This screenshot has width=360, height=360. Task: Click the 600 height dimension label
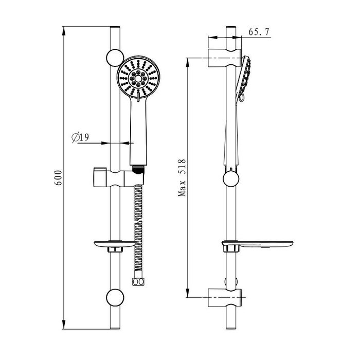pos(59,177)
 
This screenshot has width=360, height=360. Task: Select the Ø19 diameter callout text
pos(81,137)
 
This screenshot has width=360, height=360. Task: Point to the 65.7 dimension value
pos(260,32)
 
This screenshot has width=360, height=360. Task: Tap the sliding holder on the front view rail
pos(113,177)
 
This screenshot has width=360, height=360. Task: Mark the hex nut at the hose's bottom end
pos(137,282)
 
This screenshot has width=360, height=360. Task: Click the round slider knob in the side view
pos(231,179)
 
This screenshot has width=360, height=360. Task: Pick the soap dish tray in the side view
pos(257,244)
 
